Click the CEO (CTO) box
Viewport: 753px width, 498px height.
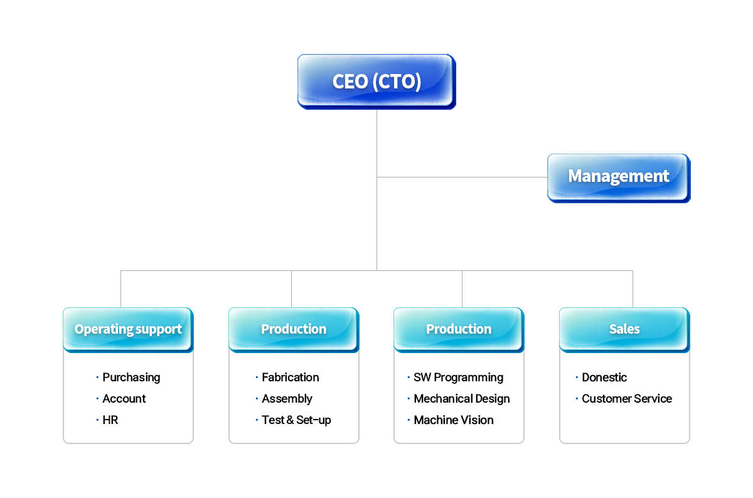click(x=376, y=82)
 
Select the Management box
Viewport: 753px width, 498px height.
click(x=619, y=178)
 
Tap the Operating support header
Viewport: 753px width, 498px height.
click(x=128, y=330)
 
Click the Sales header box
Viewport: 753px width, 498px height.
click(x=624, y=330)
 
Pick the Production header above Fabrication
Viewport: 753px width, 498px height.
click(x=294, y=330)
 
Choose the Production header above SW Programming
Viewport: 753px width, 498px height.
click(x=459, y=330)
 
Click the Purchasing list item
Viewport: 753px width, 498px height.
click(x=131, y=378)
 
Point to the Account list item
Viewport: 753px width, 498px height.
click(x=124, y=398)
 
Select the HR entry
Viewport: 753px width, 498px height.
click(x=110, y=420)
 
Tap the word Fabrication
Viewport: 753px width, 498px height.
click(x=291, y=378)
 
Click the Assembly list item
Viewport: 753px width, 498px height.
click(x=287, y=399)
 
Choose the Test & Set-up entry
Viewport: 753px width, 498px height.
click(x=296, y=420)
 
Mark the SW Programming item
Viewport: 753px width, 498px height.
click(x=459, y=378)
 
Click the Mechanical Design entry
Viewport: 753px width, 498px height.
click(x=462, y=399)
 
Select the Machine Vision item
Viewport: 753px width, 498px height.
click(x=454, y=420)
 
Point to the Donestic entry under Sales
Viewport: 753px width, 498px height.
click(x=604, y=378)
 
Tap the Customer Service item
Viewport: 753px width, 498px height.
click(x=627, y=398)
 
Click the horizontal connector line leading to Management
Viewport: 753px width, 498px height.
click(x=462, y=177)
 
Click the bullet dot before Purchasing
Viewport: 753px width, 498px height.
click(x=97, y=378)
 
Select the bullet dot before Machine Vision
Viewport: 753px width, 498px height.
click(x=409, y=420)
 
